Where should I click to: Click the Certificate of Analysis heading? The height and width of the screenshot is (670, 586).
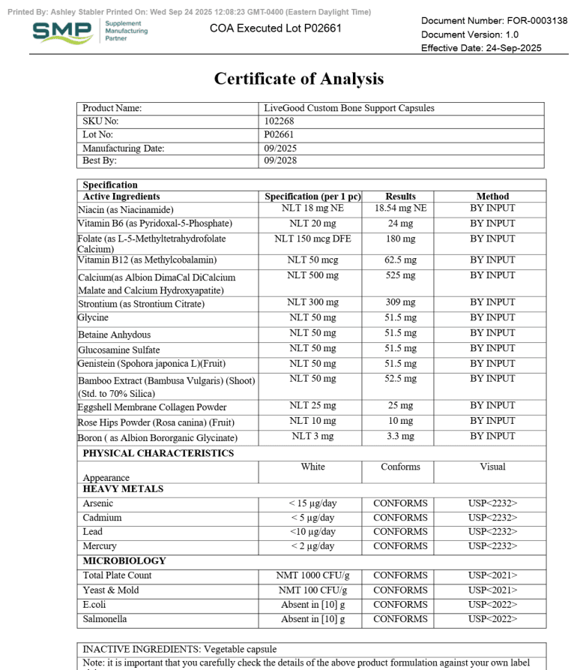tap(299, 78)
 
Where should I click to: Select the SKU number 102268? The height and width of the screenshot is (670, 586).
tap(280, 122)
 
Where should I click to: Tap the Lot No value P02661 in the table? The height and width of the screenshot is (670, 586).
tap(279, 135)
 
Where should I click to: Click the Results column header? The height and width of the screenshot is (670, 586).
tap(399, 197)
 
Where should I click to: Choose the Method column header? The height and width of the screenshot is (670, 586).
tap(492, 197)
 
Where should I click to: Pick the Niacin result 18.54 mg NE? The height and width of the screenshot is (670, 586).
tap(400, 209)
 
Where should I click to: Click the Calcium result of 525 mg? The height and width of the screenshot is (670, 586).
tap(400, 275)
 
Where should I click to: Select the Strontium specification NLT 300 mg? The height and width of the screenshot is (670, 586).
tap(313, 302)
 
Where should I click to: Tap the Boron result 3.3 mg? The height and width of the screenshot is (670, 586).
tap(400, 436)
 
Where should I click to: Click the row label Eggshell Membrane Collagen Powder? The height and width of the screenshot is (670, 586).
tap(152, 407)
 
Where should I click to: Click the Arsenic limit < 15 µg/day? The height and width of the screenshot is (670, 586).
tap(313, 503)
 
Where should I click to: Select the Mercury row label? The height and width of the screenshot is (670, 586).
tap(100, 545)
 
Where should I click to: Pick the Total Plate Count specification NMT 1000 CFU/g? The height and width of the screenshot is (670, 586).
tap(313, 575)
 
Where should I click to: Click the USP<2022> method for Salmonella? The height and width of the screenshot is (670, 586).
tap(492, 619)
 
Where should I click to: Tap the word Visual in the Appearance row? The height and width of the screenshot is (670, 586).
tap(492, 467)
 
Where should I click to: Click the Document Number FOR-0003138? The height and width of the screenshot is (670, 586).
tap(494, 20)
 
